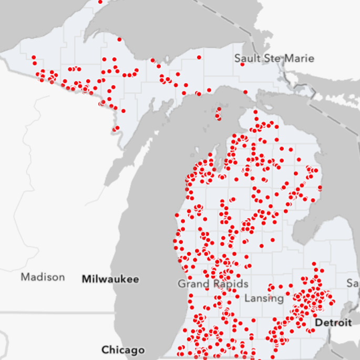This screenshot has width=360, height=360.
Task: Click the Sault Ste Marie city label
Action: [x=274, y=58]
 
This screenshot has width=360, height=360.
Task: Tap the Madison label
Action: [x=43, y=277]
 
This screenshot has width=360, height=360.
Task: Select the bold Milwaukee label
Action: [x=110, y=279]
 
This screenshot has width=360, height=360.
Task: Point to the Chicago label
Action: [x=123, y=350]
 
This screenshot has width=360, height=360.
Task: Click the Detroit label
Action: [x=333, y=323]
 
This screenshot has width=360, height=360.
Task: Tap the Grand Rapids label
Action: [x=213, y=284]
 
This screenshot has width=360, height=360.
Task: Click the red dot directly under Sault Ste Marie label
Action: [x=242, y=65]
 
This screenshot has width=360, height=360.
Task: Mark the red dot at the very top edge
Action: [x=100, y=2]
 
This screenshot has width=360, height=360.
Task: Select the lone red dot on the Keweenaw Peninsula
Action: [x=119, y=39]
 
